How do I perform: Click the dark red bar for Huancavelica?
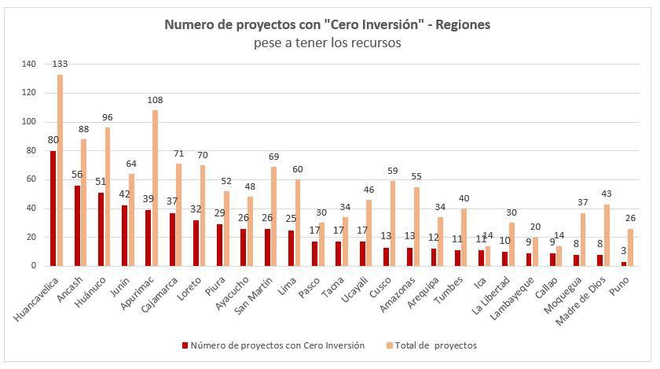[53, 208]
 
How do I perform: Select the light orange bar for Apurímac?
[156, 188]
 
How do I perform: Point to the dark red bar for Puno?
[625, 264]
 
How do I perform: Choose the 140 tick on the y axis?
[28, 64]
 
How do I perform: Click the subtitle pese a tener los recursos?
[328, 43]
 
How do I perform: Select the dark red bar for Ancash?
[77, 226]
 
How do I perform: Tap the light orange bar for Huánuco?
[107, 197]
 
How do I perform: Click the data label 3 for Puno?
[622, 251]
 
